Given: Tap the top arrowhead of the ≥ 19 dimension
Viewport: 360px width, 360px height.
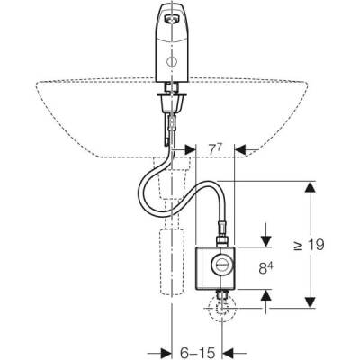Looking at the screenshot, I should [x=310, y=185].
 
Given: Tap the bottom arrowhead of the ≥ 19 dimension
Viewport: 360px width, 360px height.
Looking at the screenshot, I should [x=310, y=301].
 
